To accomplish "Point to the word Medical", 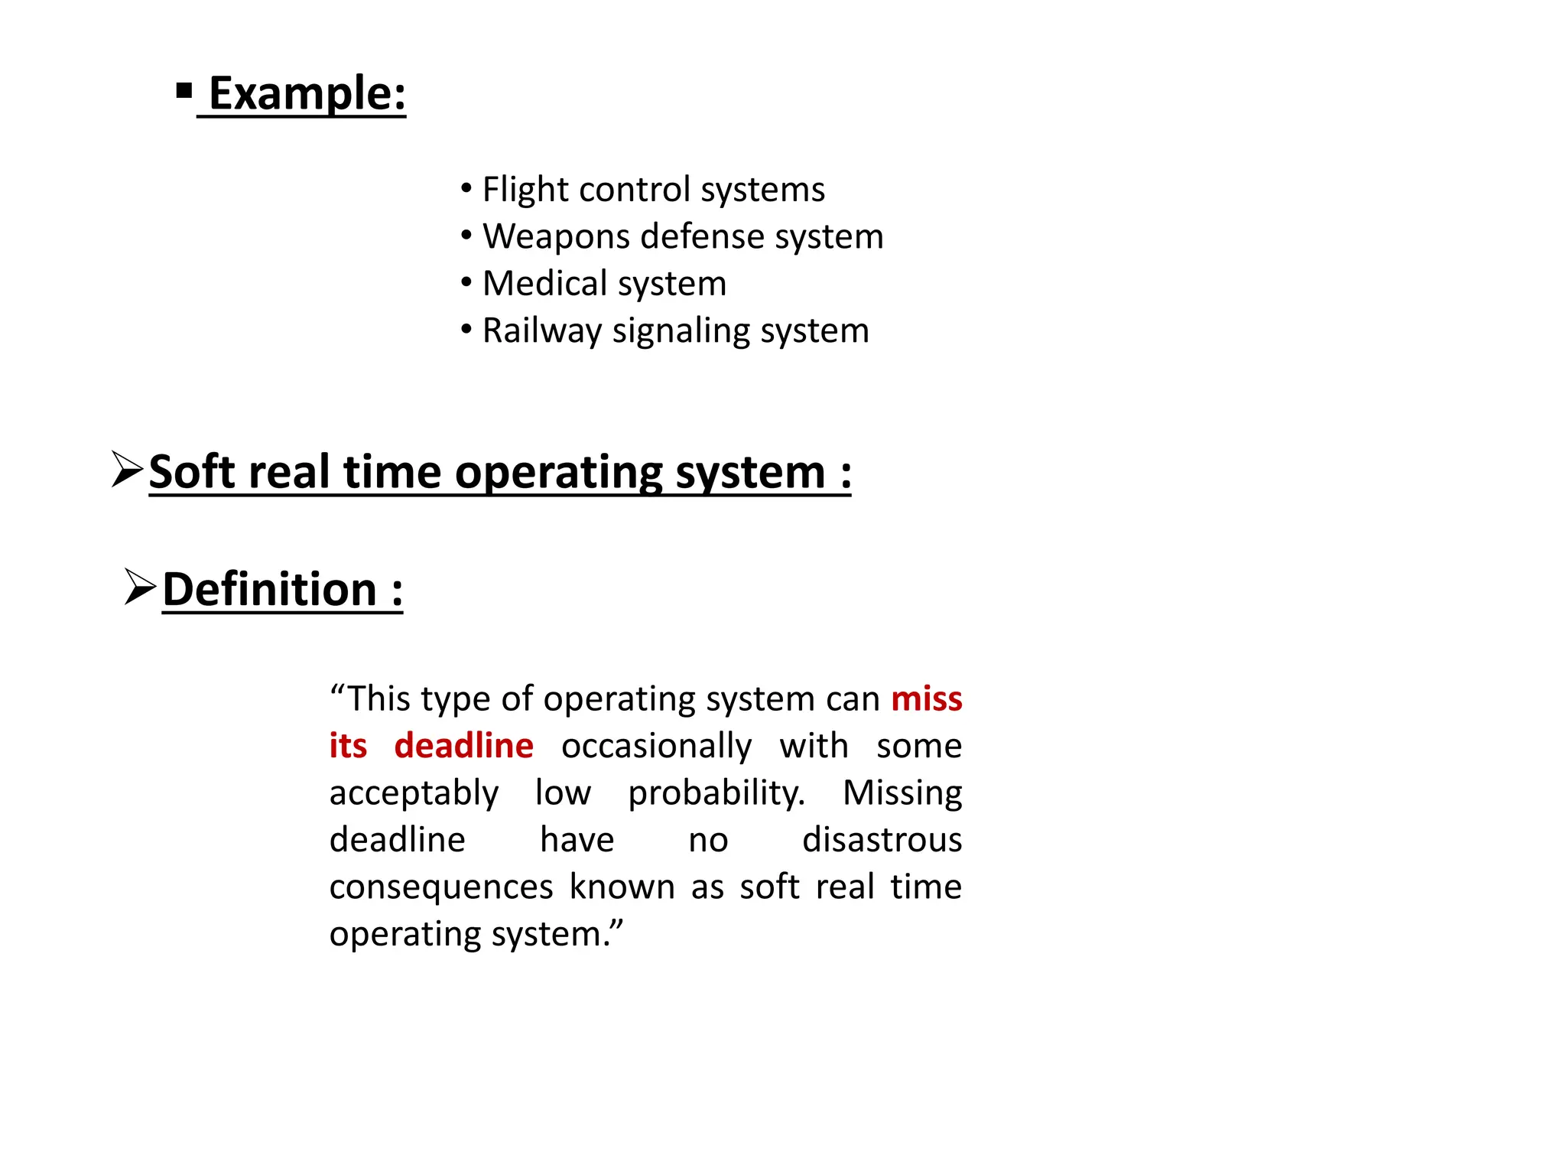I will pyautogui.click(x=544, y=284).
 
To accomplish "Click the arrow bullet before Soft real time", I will pyautogui.click(x=127, y=469).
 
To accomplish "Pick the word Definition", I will pyautogui.click(x=270, y=590).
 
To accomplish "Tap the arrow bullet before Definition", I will pyautogui.click(x=140, y=587).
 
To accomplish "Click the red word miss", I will pyautogui.click(x=926, y=698).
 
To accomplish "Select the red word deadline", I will pyautogui.click(x=463, y=746).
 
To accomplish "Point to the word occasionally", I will pyautogui.click(x=656, y=747).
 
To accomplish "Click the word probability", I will pyautogui.click(x=716, y=793).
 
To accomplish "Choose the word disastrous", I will pyautogui.click(x=882, y=840).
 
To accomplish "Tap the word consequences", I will pyautogui.click(x=441, y=887).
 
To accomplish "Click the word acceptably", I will pyautogui.click(x=414, y=793).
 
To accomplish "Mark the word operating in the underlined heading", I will pyautogui.click(x=558, y=473).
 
